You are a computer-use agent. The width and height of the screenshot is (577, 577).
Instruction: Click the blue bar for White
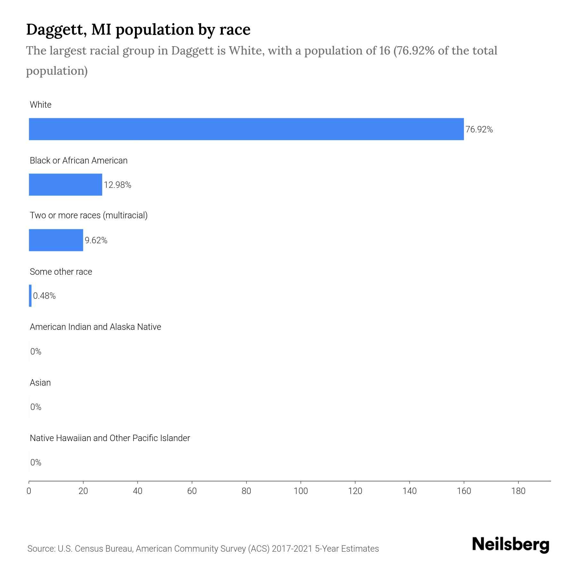pyautogui.click(x=246, y=129)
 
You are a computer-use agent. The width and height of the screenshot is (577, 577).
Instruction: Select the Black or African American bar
pyautogui.click(x=65, y=185)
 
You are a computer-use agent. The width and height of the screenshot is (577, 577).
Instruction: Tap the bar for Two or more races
pyautogui.click(x=56, y=240)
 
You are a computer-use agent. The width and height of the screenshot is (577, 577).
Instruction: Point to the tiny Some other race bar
pyautogui.click(x=30, y=296)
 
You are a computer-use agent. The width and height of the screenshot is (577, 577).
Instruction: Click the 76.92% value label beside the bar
pyautogui.click(x=479, y=130)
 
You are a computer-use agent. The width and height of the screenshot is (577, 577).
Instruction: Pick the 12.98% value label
pyautogui.click(x=117, y=185)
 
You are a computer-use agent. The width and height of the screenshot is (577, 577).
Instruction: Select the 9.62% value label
pyautogui.click(x=96, y=240)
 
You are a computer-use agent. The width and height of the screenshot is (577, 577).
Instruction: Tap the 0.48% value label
pyautogui.click(x=44, y=296)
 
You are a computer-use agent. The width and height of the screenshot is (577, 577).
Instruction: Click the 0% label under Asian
pyautogui.click(x=36, y=407)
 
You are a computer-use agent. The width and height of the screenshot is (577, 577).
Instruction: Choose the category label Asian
pyautogui.click(x=40, y=383)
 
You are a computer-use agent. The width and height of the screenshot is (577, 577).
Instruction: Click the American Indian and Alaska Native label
pyautogui.click(x=95, y=327)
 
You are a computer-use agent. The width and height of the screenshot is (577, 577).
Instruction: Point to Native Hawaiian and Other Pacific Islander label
pyautogui.click(x=110, y=438)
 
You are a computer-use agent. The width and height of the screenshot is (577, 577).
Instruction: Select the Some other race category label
pyautogui.click(x=61, y=272)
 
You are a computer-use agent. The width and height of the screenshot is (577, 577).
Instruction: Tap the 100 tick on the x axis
pyautogui.click(x=301, y=491)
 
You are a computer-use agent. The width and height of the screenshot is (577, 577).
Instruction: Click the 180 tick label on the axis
pyautogui.click(x=518, y=491)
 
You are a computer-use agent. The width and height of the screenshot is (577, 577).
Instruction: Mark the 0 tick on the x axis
pyautogui.click(x=29, y=491)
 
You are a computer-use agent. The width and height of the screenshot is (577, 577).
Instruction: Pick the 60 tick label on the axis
pyautogui.click(x=192, y=491)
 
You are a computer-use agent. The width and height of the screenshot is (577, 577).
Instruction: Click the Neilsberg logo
pyautogui.click(x=511, y=545)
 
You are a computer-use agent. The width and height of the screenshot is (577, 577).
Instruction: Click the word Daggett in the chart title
pyautogui.click(x=56, y=29)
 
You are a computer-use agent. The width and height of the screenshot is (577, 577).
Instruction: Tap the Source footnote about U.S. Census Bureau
pyautogui.click(x=203, y=549)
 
